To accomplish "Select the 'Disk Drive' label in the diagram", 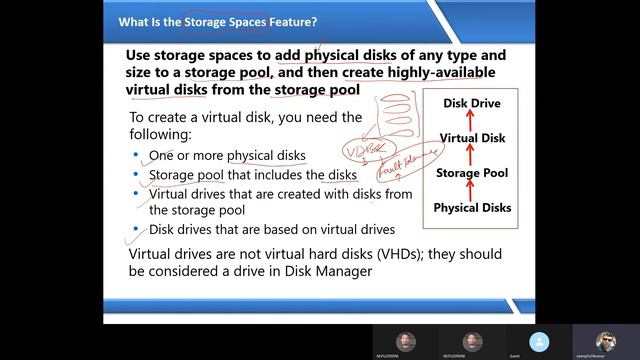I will [471, 104].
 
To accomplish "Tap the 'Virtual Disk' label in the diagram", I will [472, 138].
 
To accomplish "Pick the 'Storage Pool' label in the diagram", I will [472, 173].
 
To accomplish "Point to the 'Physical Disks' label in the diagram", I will [472, 208].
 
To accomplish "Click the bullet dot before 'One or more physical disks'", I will [137, 156].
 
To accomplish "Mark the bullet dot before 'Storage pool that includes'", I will [137, 175].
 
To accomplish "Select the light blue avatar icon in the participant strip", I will [540, 341].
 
